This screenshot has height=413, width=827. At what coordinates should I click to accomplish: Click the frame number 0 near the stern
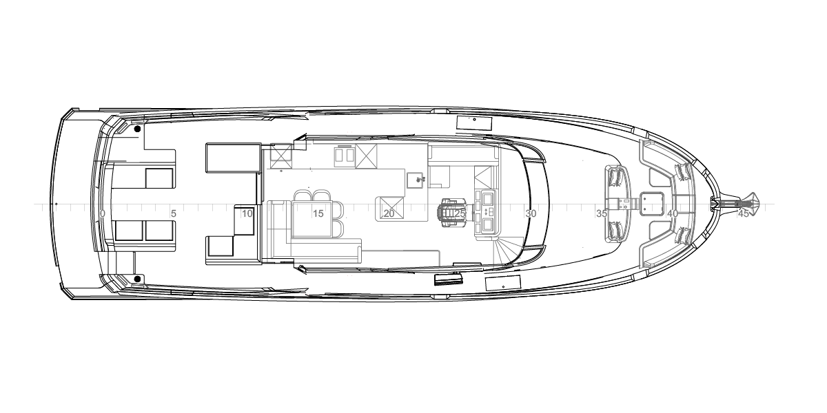point(102,213)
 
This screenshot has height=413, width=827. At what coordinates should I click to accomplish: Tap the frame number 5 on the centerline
point(174,213)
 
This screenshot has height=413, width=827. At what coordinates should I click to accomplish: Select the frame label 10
point(247,213)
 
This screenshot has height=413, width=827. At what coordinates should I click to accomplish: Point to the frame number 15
point(318,213)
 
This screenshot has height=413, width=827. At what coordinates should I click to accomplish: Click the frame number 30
point(531,213)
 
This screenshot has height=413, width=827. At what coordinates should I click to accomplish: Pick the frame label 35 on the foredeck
point(602,213)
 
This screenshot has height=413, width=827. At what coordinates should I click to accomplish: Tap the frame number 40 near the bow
point(673,213)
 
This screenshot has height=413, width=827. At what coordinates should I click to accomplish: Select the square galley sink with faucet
point(416,180)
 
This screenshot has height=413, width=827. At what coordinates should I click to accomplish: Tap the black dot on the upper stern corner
point(137,129)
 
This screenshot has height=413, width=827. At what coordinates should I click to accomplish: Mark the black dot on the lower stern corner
point(137,279)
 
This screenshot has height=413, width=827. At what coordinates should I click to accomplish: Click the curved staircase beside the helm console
point(509,251)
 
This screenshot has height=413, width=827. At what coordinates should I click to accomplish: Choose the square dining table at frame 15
point(312,219)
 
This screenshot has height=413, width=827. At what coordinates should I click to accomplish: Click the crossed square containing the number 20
point(390,209)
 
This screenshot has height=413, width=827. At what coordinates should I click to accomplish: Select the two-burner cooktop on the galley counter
point(345,157)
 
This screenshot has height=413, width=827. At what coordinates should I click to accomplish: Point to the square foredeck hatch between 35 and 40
point(651,203)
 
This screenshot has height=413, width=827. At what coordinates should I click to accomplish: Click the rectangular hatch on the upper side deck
point(474,123)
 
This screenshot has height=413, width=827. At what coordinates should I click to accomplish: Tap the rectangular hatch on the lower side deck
point(503,283)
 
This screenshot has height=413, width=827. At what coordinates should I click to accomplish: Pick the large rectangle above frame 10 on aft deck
point(234,158)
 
